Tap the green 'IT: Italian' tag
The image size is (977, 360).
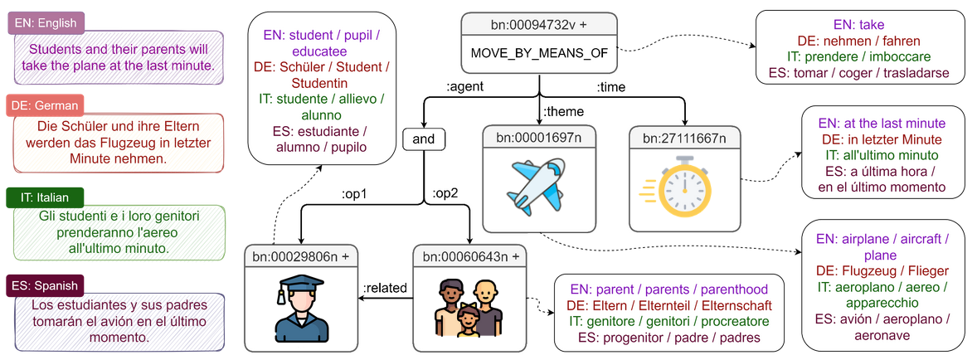click(45, 197)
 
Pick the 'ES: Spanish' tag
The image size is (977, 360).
click(46, 286)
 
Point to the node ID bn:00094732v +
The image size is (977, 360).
click(539, 26)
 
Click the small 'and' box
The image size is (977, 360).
click(423, 139)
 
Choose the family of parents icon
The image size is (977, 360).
click(470, 306)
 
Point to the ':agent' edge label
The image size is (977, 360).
click(466, 85)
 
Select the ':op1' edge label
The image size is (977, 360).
click(354, 196)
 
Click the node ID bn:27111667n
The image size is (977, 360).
click(686, 137)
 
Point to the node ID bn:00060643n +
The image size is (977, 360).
click(470, 256)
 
